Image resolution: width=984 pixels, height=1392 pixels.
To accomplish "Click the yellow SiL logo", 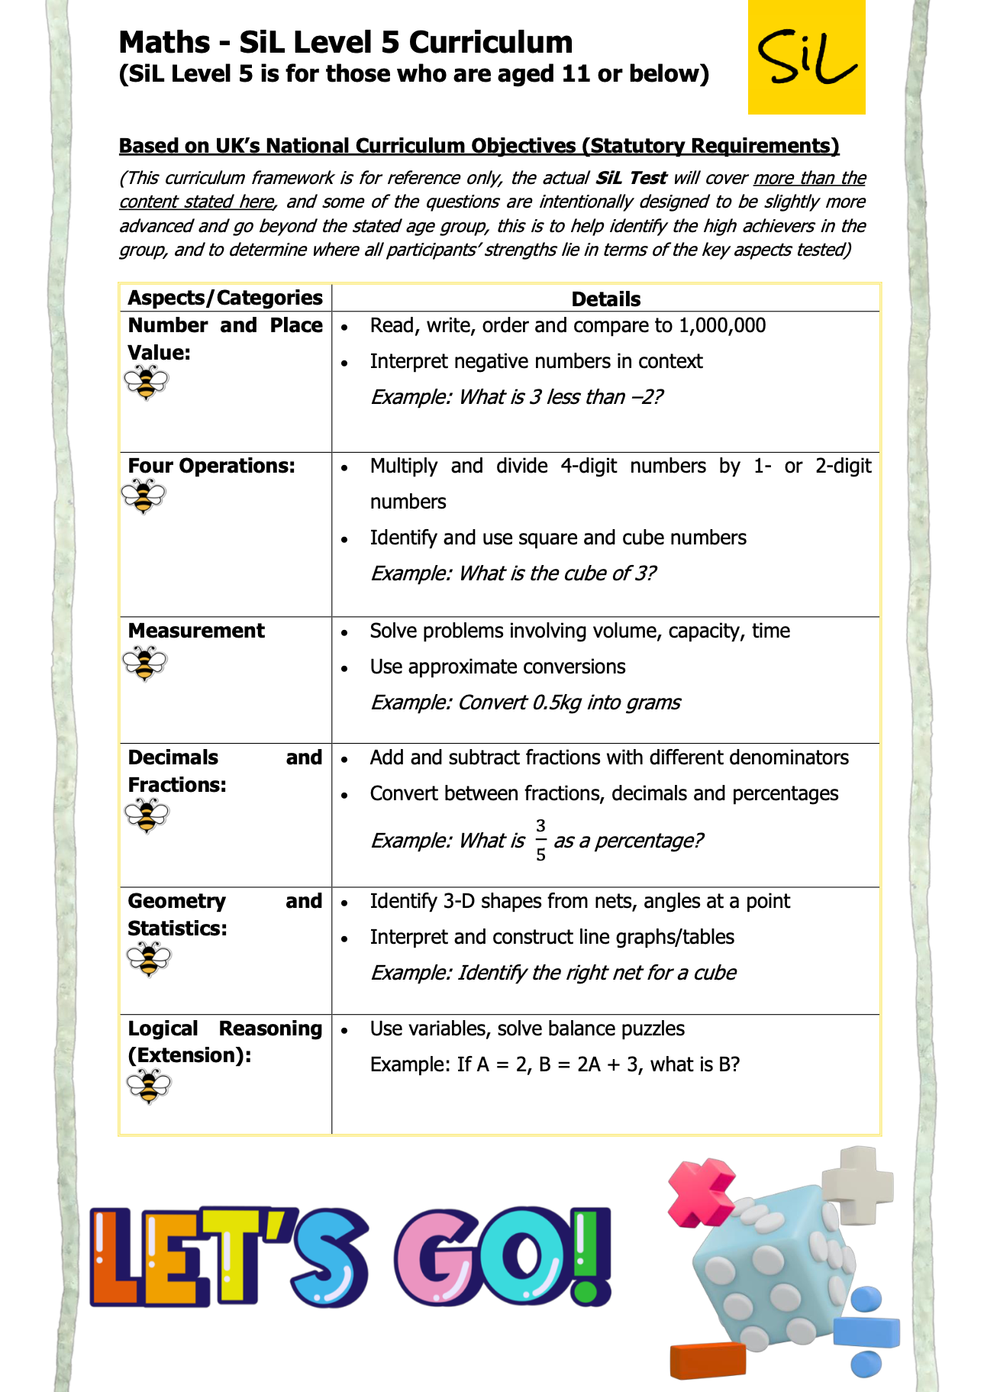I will [806, 57].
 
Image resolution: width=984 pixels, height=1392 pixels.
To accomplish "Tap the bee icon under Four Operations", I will [143, 496].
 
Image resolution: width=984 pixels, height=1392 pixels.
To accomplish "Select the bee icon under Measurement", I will [144, 663].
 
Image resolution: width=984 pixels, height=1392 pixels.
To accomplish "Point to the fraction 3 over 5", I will [540, 840].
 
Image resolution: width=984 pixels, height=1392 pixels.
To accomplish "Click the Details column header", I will [605, 299].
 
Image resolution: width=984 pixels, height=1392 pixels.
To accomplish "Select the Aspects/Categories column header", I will [225, 298].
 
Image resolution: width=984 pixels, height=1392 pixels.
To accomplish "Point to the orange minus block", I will [708, 1360].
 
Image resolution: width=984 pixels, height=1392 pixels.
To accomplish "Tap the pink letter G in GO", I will [436, 1256].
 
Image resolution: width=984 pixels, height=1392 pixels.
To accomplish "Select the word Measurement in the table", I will [196, 631].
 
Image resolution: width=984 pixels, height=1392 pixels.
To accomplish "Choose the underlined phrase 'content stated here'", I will [196, 202].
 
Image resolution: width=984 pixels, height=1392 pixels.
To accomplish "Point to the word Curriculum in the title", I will [491, 43].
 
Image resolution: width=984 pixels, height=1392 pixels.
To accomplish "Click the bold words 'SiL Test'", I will [631, 178].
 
